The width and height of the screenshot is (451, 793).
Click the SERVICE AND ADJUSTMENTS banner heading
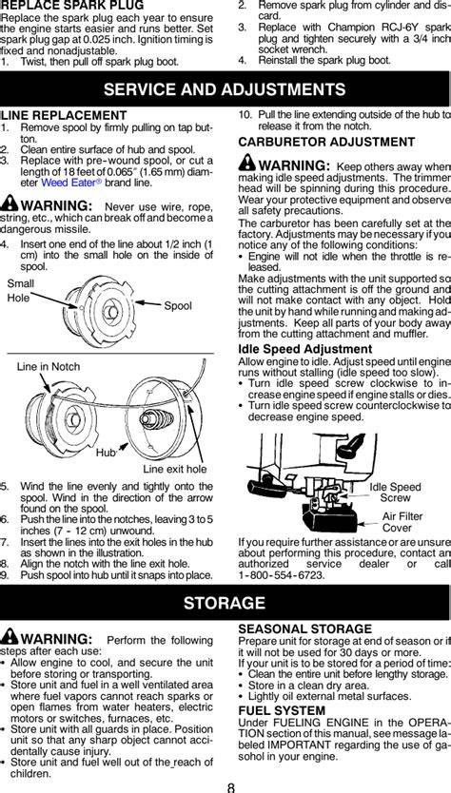tap(225, 89)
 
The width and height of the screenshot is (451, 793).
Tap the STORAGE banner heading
tap(225, 602)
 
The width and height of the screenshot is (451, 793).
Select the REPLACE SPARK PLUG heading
tap(72, 6)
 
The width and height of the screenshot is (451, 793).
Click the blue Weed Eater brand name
tap(68, 183)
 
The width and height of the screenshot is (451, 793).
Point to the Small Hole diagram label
tap(20, 291)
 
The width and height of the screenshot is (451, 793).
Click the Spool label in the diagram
tap(178, 306)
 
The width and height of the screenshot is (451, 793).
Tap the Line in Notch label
tap(49, 367)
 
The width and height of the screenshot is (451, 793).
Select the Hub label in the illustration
tap(106, 453)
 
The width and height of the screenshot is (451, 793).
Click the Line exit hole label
tap(175, 469)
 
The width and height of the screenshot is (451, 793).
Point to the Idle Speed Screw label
tap(395, 493)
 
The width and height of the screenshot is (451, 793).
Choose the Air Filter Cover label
tap(402, 522)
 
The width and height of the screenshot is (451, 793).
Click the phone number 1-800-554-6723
tap(282, 575)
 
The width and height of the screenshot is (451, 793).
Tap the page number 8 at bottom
tap(231, 787)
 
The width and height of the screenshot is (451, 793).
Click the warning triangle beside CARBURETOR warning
tap(247, 162)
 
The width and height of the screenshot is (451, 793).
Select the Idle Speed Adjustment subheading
tap(305, 349)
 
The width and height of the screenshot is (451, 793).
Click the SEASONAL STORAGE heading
tap(304, 629)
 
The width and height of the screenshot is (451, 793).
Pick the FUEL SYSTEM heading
tap(282, 710)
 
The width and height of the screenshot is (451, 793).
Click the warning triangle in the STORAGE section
tap(10, 638)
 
